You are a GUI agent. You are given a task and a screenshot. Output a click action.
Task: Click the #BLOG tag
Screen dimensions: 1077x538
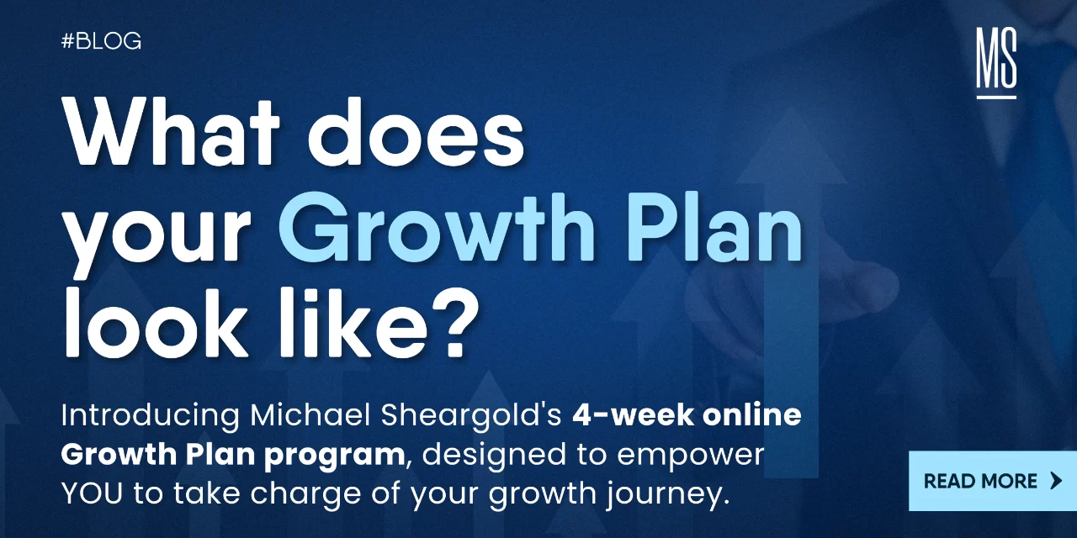(x=102, y=41)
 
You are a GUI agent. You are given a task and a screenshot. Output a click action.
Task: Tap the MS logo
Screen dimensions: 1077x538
(x=996, y=62)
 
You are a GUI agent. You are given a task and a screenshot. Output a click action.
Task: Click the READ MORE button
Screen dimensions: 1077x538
(x=992, y=481)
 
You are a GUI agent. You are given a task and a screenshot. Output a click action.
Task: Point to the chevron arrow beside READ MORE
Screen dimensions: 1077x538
(x=1056, y=481)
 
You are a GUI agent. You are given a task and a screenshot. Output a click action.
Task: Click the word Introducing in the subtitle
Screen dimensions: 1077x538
(x=150, y=416)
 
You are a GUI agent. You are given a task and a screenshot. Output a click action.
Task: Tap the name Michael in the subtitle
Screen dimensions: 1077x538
(x=310, y=415)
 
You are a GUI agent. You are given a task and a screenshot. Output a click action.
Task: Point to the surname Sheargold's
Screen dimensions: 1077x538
(x=471, y=416)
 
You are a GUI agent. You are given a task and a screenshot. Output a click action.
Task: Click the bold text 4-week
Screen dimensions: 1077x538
(x=633, y=415)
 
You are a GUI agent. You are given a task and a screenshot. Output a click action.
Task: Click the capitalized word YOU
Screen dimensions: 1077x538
(x=92, y=493)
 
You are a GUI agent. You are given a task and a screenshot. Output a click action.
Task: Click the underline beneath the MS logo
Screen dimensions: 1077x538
(x=996, y=98)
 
